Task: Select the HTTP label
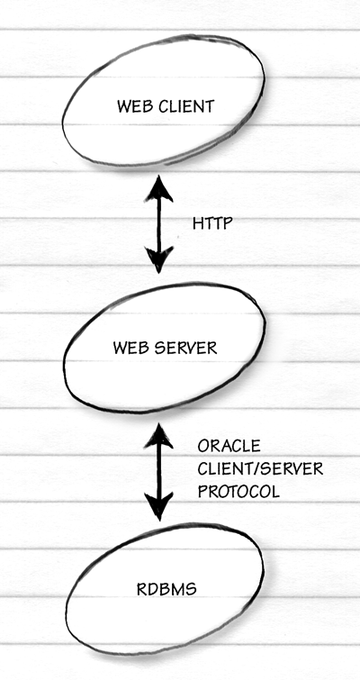click(212, 223)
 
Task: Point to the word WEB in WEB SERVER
click(128, 348)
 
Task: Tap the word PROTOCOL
click(238, 492)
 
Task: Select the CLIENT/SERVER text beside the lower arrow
click(260, 469)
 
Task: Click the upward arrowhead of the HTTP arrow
click(159, 188)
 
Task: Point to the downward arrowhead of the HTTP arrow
click(159, 259)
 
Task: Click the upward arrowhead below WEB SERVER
click(159, 436)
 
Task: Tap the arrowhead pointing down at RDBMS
click(159, 506)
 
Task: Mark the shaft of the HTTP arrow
click(159, 224)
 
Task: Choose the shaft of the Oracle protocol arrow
click(159, 471)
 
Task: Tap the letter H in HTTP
click(198, 223)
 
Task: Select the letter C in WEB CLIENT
click(164, 106)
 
